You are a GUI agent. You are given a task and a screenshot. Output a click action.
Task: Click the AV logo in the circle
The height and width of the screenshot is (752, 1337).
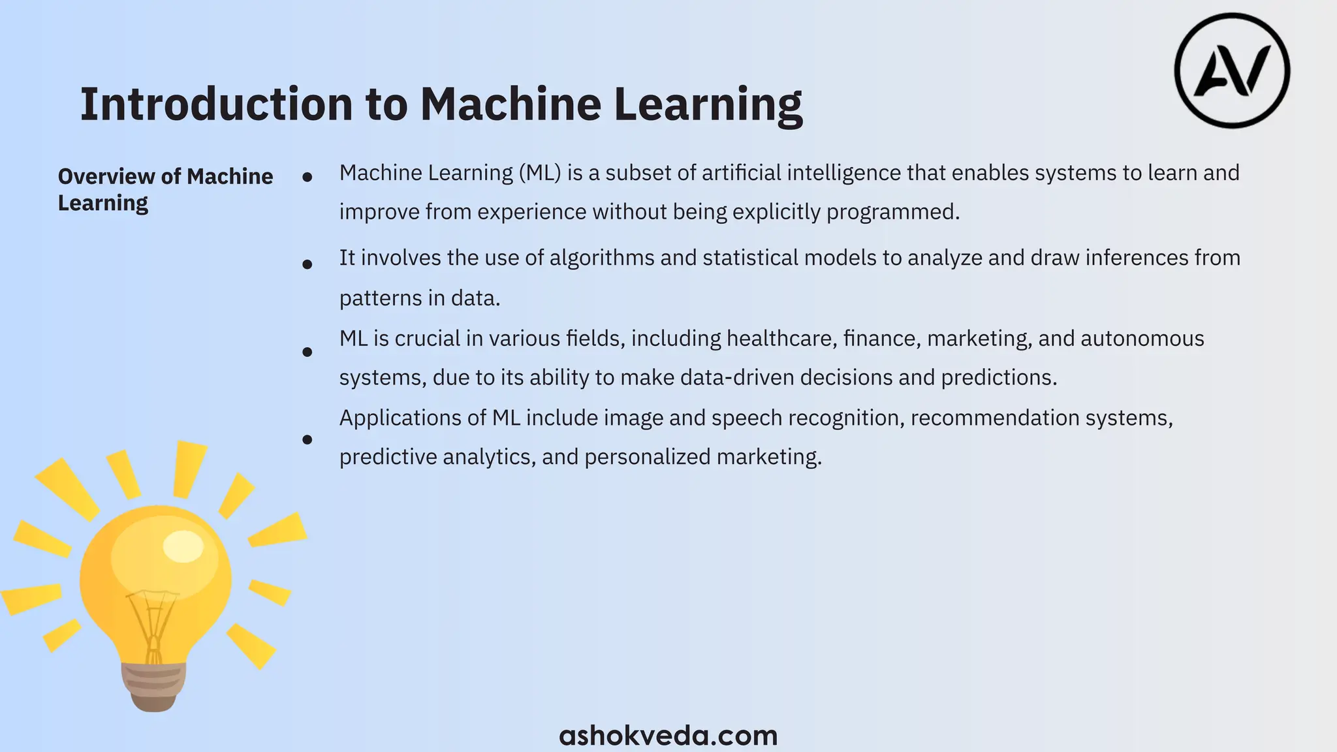(1232, 70)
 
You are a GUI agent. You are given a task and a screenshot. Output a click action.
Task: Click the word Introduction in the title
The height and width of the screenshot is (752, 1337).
(216, 104)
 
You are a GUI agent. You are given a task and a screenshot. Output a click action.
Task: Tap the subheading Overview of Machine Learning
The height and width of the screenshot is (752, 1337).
(165, 189)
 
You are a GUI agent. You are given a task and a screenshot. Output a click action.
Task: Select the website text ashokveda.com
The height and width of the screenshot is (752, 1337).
(668, 736)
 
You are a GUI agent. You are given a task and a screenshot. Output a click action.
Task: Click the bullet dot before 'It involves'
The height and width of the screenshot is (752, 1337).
(307, 264)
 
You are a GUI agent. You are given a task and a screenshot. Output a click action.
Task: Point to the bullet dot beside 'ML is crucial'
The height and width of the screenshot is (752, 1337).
(307, 352)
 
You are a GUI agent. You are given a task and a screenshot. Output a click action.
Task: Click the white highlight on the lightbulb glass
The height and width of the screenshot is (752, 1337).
(183, 546)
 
